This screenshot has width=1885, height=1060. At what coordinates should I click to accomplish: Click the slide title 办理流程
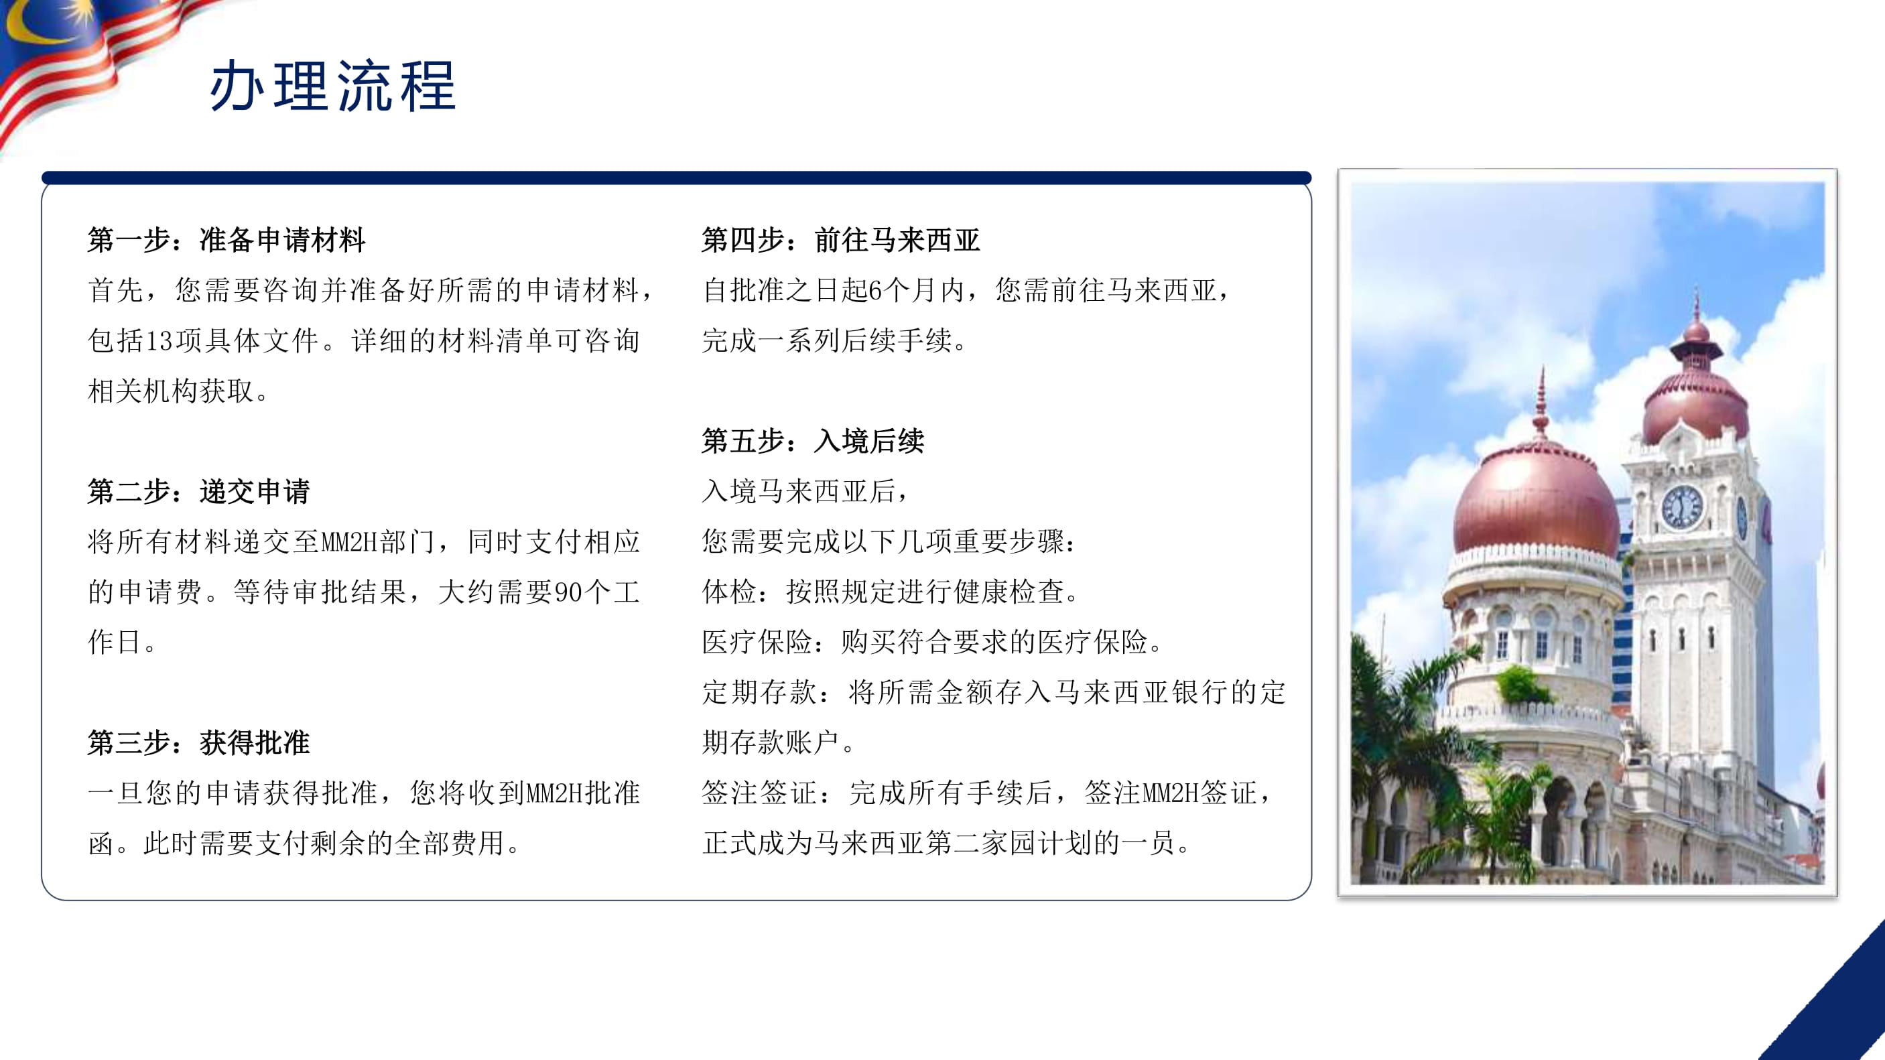point(333,86)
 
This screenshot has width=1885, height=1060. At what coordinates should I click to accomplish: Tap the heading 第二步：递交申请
point(199,492)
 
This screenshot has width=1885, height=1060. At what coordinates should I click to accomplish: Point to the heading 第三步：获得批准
point(199,742)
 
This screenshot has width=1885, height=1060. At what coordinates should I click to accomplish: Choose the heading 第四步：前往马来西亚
point(842,240)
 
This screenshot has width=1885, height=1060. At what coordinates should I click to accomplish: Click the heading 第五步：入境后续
point(813,441)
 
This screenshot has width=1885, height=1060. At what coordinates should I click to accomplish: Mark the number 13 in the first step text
point(159,341)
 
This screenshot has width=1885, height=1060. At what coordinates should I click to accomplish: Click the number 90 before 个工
point(568,592)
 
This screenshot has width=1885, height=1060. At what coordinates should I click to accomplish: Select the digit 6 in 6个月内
point(875,290)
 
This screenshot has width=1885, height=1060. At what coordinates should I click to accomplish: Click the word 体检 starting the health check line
point(730,592)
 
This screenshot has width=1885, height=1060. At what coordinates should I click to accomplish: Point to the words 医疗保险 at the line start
point(757,643)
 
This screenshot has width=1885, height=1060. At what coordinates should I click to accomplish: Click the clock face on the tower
point(1683,507)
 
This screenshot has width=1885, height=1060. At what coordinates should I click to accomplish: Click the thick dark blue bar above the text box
point(676,178)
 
